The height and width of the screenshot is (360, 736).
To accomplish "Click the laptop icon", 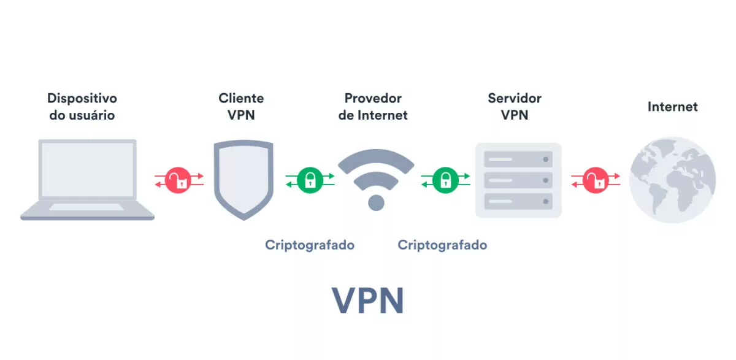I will [x=87, y=179].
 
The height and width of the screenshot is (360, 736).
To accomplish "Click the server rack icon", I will [x=518, y=180].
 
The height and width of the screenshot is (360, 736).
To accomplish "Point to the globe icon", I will [x=672, y=180].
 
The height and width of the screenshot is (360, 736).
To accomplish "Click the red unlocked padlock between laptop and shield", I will [x=178, y=180].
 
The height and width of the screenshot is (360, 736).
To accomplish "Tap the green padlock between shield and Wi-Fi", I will [x=310, y=180].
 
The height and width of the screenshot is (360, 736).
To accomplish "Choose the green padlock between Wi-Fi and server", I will [x=445, y=180].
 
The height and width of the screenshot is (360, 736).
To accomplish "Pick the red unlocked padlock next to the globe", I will [x=595, y=180].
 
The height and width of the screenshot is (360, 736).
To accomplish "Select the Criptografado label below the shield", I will [x=310, y=245].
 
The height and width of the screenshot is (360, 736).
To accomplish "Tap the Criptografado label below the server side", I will [x=442, y=245].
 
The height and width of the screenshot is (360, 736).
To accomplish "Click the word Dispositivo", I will [x=82, y=98].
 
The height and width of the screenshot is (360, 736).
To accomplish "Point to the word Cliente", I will [x=241, y=98].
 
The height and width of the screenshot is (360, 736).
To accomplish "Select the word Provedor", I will [x=373, y=98].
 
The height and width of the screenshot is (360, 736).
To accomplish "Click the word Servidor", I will [x=515, y=98].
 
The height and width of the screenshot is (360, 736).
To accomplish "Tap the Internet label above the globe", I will [x=672, y=107].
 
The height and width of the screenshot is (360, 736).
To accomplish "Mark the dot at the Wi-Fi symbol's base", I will [x=376, y=202].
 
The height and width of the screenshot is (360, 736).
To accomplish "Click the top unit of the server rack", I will [x=518, y=159].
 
